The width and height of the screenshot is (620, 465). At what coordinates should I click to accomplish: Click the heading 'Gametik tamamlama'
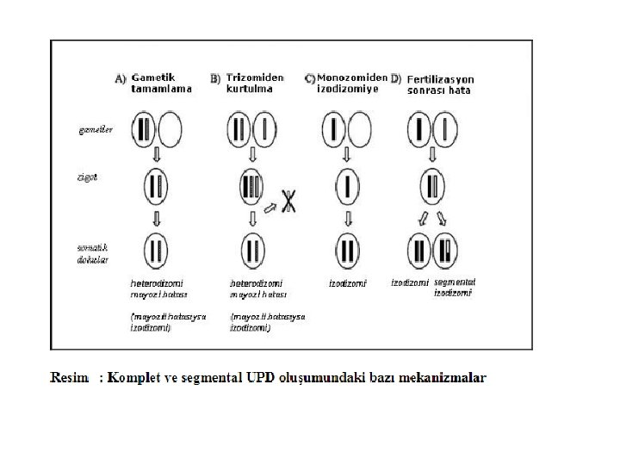tap(160, 83)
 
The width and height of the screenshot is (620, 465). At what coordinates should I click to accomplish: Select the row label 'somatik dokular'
tap(89, 253)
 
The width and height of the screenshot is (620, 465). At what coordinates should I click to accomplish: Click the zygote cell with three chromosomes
tap(251, 187)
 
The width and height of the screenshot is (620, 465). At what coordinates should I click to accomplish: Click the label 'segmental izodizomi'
tap(454, 287)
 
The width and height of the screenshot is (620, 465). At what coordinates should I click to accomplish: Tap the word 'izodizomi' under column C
tap(348, 282)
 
